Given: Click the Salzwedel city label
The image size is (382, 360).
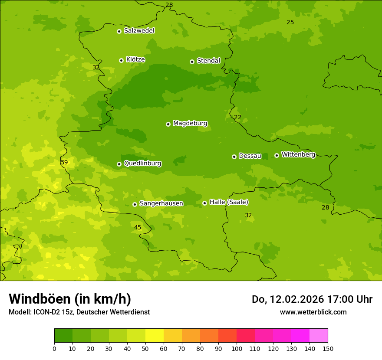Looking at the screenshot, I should (139, 31).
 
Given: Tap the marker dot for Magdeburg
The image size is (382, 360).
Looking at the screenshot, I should (168, 124).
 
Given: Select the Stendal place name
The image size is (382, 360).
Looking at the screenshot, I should (208, 61).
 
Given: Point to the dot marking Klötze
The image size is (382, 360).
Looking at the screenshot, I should (121, 60).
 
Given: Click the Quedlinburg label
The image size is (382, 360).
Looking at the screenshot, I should (142, 164).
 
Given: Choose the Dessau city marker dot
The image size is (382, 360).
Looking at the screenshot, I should (234, 157).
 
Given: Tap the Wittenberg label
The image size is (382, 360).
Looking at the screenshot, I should (298, 154).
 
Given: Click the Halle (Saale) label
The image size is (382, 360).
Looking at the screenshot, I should (229, 202).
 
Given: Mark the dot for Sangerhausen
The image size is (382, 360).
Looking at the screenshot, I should (135, 204).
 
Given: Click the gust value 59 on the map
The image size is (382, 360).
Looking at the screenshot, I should (64, 162).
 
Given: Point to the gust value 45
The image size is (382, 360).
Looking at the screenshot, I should (138, 227).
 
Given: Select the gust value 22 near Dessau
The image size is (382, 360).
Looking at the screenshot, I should (237, 117).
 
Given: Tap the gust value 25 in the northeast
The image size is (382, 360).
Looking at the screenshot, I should (290, 22).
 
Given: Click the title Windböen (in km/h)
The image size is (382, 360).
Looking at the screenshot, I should (70, 299).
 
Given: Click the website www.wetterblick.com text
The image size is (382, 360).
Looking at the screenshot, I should (313, 312).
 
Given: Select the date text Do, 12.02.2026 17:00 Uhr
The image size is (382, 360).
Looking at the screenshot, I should (312, 299).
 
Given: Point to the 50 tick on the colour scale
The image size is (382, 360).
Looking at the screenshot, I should (145, 348).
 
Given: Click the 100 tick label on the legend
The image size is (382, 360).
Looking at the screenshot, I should (237, 348).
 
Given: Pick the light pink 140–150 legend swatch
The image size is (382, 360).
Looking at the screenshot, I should (319, 336).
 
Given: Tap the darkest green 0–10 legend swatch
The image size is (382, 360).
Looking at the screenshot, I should (63, 336).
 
